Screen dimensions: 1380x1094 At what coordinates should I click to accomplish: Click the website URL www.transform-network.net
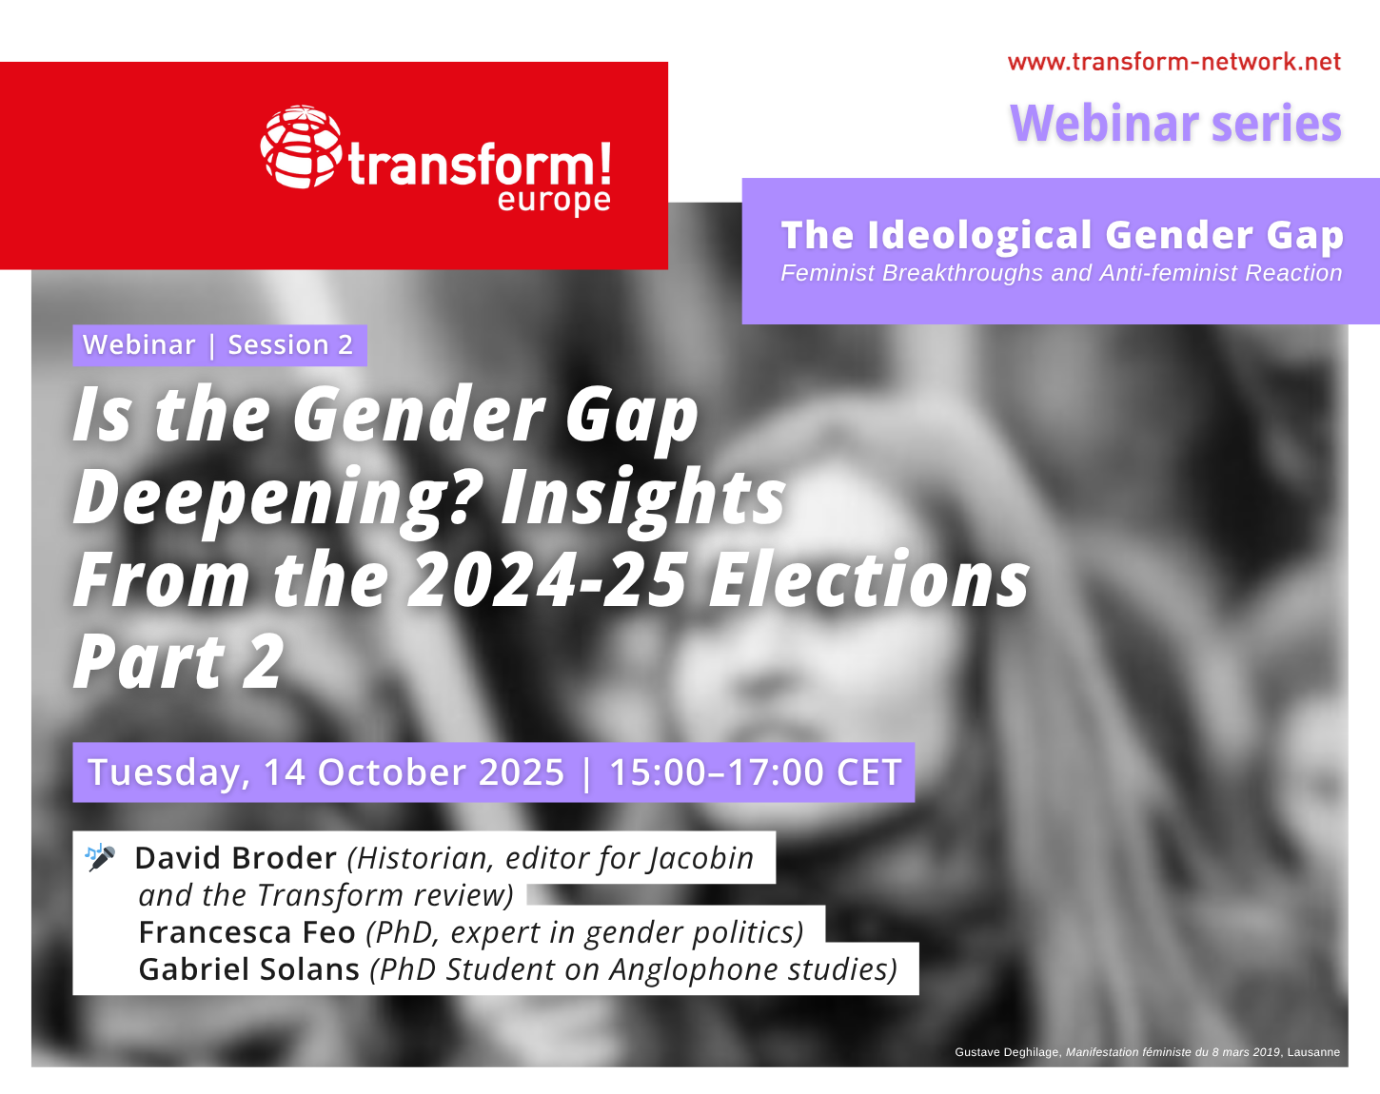pos(1174,62)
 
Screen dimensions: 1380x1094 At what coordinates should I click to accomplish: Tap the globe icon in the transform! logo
pos(301,147)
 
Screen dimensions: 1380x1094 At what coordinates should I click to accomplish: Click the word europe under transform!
pos(554,202)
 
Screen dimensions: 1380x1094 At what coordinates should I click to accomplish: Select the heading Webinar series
pos(1175,123)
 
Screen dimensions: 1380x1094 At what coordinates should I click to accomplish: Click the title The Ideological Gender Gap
pos(1062,235)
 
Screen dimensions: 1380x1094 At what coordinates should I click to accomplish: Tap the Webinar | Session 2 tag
pos(219,344)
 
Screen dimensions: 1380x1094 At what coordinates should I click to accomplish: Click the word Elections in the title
pos(869,579)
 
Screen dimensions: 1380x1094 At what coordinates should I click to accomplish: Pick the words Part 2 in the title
pos(178,661)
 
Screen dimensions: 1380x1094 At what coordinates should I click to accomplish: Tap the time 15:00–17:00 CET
pos(756,772)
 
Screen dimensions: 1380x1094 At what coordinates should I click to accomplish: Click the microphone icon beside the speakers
pos(101,857)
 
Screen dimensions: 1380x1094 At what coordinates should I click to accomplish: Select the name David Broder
pos(235,858)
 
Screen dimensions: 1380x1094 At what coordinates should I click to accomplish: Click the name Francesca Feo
pos(246,932)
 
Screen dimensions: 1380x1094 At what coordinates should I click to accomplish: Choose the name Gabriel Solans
pos(248,969)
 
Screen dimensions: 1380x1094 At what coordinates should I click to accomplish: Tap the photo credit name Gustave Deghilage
pos(1008,1052)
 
